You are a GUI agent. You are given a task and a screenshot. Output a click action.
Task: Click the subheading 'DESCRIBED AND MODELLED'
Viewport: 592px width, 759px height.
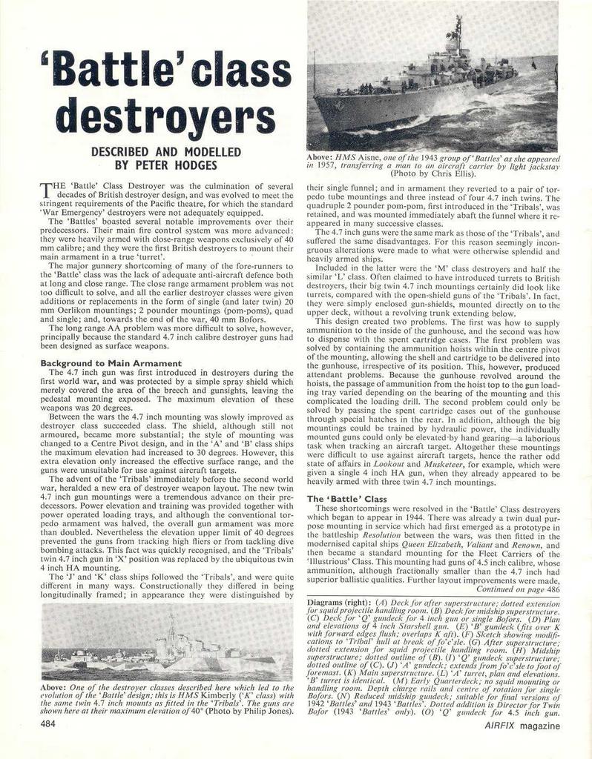pos(165,151)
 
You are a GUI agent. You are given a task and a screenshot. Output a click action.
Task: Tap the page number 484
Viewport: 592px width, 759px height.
pos(50,723)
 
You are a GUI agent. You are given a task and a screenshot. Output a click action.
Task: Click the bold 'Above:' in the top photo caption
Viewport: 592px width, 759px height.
pos(319,158)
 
